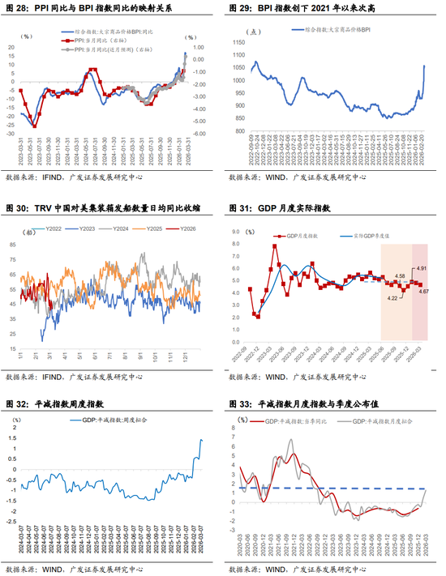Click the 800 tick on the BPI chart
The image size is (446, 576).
click(x=239, y=130)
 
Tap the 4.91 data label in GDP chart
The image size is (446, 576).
click(x=421, y=267)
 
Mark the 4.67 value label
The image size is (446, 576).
click(x=423, y=291)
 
